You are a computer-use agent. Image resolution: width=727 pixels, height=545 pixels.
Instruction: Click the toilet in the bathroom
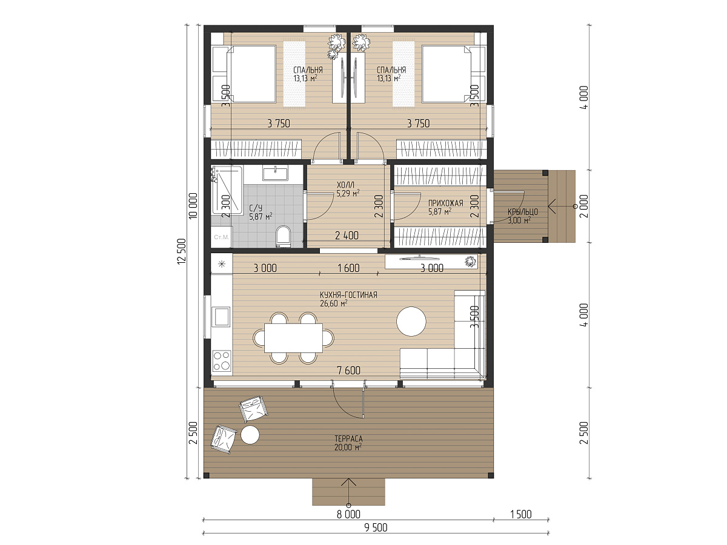point(283,236)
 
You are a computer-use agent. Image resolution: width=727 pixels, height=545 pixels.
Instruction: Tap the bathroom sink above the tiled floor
point(275,174)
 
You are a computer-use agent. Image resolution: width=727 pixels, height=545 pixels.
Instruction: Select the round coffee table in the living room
point(411,322)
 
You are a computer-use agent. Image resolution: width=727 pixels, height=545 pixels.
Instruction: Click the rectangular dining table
point(293,338)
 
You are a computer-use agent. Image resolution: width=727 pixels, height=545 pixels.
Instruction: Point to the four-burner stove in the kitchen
point(222,361)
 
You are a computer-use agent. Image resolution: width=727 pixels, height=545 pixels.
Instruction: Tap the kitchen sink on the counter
point(222,316)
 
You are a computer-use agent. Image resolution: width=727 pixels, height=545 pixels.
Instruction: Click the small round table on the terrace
point(250,435)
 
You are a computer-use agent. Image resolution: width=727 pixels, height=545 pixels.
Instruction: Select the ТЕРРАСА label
point(348,439)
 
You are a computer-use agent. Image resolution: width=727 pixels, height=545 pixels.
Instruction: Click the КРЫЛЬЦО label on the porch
point(523,212)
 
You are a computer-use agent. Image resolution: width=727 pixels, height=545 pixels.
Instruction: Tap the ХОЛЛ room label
point(345,185)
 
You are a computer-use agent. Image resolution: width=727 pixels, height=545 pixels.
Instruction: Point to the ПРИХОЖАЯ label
point(445,203)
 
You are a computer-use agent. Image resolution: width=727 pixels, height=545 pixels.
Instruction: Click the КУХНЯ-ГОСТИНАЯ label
point(348,295)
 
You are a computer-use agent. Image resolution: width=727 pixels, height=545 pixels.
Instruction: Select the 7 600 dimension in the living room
point(348,370)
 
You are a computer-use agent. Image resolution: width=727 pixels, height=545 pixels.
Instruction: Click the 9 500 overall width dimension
point(376,527)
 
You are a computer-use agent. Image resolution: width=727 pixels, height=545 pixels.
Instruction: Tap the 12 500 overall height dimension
point(182,251)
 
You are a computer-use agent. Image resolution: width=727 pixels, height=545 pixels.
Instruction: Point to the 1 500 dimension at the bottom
point(520,514)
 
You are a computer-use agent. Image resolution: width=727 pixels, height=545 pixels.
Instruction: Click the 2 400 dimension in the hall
point(347,236)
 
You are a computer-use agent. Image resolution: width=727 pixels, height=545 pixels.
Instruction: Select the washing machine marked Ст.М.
point(222,237)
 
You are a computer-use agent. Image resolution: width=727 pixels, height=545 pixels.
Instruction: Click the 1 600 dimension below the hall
point(348,268)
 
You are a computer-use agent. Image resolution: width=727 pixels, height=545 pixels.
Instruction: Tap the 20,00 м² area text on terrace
point(348,448)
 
